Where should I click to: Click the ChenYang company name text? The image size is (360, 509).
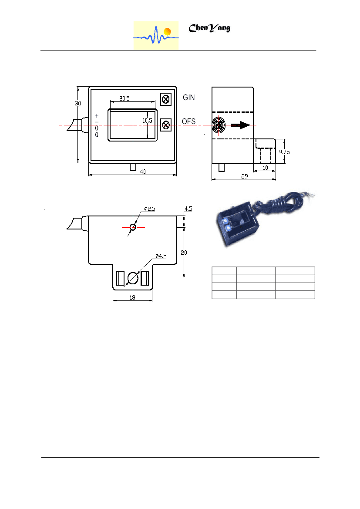209,28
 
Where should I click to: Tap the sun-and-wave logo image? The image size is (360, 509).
156,35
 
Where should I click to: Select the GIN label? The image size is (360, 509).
188,98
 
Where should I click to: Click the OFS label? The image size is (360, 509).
188,121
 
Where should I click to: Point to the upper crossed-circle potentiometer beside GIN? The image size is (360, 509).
166,99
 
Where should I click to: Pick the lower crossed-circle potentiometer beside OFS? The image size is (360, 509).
166,125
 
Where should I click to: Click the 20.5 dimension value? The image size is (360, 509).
124,98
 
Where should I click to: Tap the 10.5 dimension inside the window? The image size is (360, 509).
147,121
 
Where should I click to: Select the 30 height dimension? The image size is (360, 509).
78,103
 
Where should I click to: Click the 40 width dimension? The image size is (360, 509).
143,172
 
